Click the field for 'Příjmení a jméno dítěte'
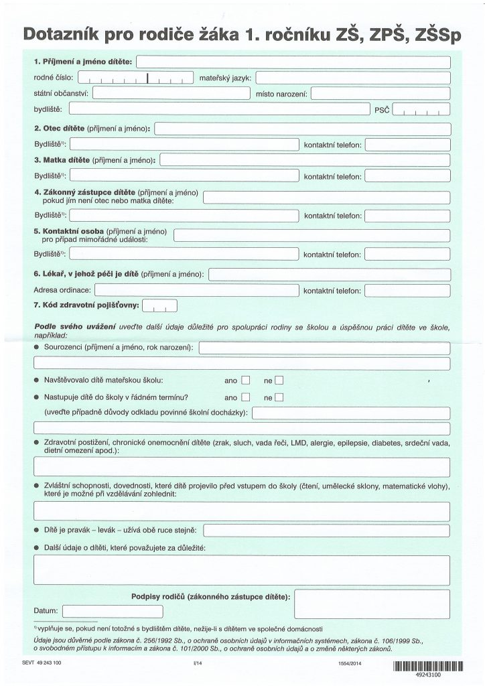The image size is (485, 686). point(293,62)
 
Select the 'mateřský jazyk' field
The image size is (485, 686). point(352,78)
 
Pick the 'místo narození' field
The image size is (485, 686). point(380,93)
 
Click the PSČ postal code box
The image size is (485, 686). point(421,109)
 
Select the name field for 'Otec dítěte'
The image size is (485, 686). point(302,127)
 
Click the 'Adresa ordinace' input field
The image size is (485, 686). point(197,290)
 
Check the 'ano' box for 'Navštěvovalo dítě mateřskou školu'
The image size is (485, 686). point(246,381)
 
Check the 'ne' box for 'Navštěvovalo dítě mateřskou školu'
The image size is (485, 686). point(279,381)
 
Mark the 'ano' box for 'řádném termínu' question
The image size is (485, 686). point(246,397)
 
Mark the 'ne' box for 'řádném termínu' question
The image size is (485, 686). point(279,397)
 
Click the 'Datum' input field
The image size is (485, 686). point(93,611)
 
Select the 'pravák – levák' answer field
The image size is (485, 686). point(326,531)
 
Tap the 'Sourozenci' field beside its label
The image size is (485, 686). point(324,348)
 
